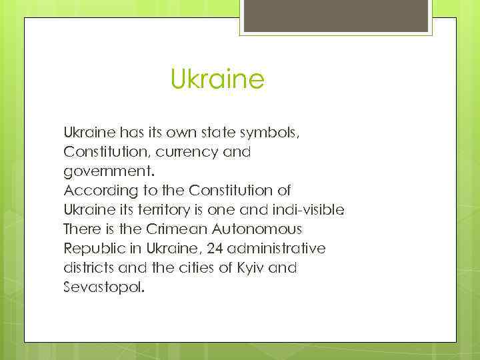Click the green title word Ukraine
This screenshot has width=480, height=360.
(217, 80)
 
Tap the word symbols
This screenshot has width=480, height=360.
(273, 133)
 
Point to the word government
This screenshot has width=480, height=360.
(103, 171)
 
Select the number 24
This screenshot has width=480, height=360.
(208, 249)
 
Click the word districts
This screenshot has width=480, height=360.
(88, 268)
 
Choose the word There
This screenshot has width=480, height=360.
(80, 229)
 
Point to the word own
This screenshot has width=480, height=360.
(172, 133)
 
